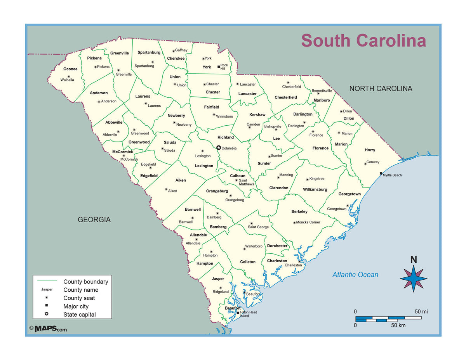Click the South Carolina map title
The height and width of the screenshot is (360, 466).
[x=363, y=41]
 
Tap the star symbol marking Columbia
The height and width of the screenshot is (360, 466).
[x=219, y=148]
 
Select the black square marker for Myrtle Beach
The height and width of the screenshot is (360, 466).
[x=381, y=173]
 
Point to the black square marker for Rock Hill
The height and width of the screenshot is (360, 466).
[x=219, y=67]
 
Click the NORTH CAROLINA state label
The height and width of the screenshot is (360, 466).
[x=381, y=88]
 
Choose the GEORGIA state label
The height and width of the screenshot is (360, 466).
[x=94, y=220]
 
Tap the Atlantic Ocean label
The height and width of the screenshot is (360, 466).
[x=355, y=275]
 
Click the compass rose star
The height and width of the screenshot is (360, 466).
[x=414, y=278]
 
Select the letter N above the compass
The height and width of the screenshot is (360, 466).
[x=414, y=260]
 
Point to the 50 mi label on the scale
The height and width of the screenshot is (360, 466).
[x=421, y=312]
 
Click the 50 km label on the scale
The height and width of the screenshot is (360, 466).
[x=398, y=325]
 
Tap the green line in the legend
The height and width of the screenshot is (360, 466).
[x=47, y=281]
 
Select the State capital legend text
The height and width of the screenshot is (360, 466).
[x=80, y=315]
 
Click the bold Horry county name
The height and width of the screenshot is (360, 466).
[x=370, y=150]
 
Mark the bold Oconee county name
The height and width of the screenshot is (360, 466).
[x=70, y=69]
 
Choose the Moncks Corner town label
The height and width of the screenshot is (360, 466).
[x=308, y=222]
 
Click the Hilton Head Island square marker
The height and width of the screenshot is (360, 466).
[x=238, y=312]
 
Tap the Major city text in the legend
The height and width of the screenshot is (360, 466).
[x=76, y=306]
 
